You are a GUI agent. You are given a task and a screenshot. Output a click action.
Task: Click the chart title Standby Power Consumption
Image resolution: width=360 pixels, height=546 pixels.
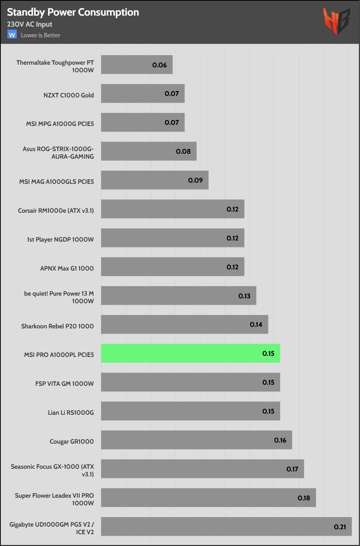[x=73, y=13]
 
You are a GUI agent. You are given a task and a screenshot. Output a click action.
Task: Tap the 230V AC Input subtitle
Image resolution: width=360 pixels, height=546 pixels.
[x=30, y=24]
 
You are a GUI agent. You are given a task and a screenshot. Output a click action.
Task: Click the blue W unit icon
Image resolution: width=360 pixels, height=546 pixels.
[x=12, y=35]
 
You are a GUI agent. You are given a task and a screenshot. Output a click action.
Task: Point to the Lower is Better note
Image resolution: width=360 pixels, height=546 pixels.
[x=41, y=35]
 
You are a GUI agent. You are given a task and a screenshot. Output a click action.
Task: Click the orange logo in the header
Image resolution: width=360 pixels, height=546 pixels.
[x=336, y=21]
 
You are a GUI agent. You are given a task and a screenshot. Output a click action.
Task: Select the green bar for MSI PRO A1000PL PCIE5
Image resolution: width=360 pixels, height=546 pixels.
[x=190, y=353]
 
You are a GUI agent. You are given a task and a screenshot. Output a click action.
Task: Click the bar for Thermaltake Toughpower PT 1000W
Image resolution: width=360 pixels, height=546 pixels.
[x=136, y=65]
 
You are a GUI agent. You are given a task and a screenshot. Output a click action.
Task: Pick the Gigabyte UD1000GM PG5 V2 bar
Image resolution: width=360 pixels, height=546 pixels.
[x=226, y=527]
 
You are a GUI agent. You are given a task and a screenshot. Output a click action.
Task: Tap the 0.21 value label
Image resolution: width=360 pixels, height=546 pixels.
[x=340, y=527]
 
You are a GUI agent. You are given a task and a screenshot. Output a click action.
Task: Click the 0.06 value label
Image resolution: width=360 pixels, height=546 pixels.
[x=160, y=65]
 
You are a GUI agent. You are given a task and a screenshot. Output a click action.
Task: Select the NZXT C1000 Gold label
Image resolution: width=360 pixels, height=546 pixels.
[x=68, y=95]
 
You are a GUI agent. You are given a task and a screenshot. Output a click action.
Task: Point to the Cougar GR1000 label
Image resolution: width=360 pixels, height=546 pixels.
[x=71, y=441]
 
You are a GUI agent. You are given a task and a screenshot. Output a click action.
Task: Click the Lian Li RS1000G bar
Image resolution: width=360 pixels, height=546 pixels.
[x=190, y=411]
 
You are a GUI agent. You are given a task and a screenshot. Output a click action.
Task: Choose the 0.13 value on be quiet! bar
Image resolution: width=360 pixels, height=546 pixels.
[x=244, y=296]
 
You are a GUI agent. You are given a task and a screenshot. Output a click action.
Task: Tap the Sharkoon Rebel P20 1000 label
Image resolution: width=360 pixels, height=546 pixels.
[x=57, y=326]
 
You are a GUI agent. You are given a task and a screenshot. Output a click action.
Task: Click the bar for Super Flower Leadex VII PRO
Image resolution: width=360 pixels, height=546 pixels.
[x=208, y=498]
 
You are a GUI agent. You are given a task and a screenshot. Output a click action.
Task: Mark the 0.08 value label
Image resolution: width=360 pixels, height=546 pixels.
[x=183, y=151]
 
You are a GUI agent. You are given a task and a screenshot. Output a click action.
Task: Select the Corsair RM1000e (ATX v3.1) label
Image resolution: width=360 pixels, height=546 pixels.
[x=56, y=210]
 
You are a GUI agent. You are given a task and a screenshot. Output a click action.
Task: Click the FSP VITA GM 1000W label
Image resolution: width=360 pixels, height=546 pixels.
[x=65, y=384]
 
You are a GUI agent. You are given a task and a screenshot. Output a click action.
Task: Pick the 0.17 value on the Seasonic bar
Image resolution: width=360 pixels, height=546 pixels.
[x=292, y=469]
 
